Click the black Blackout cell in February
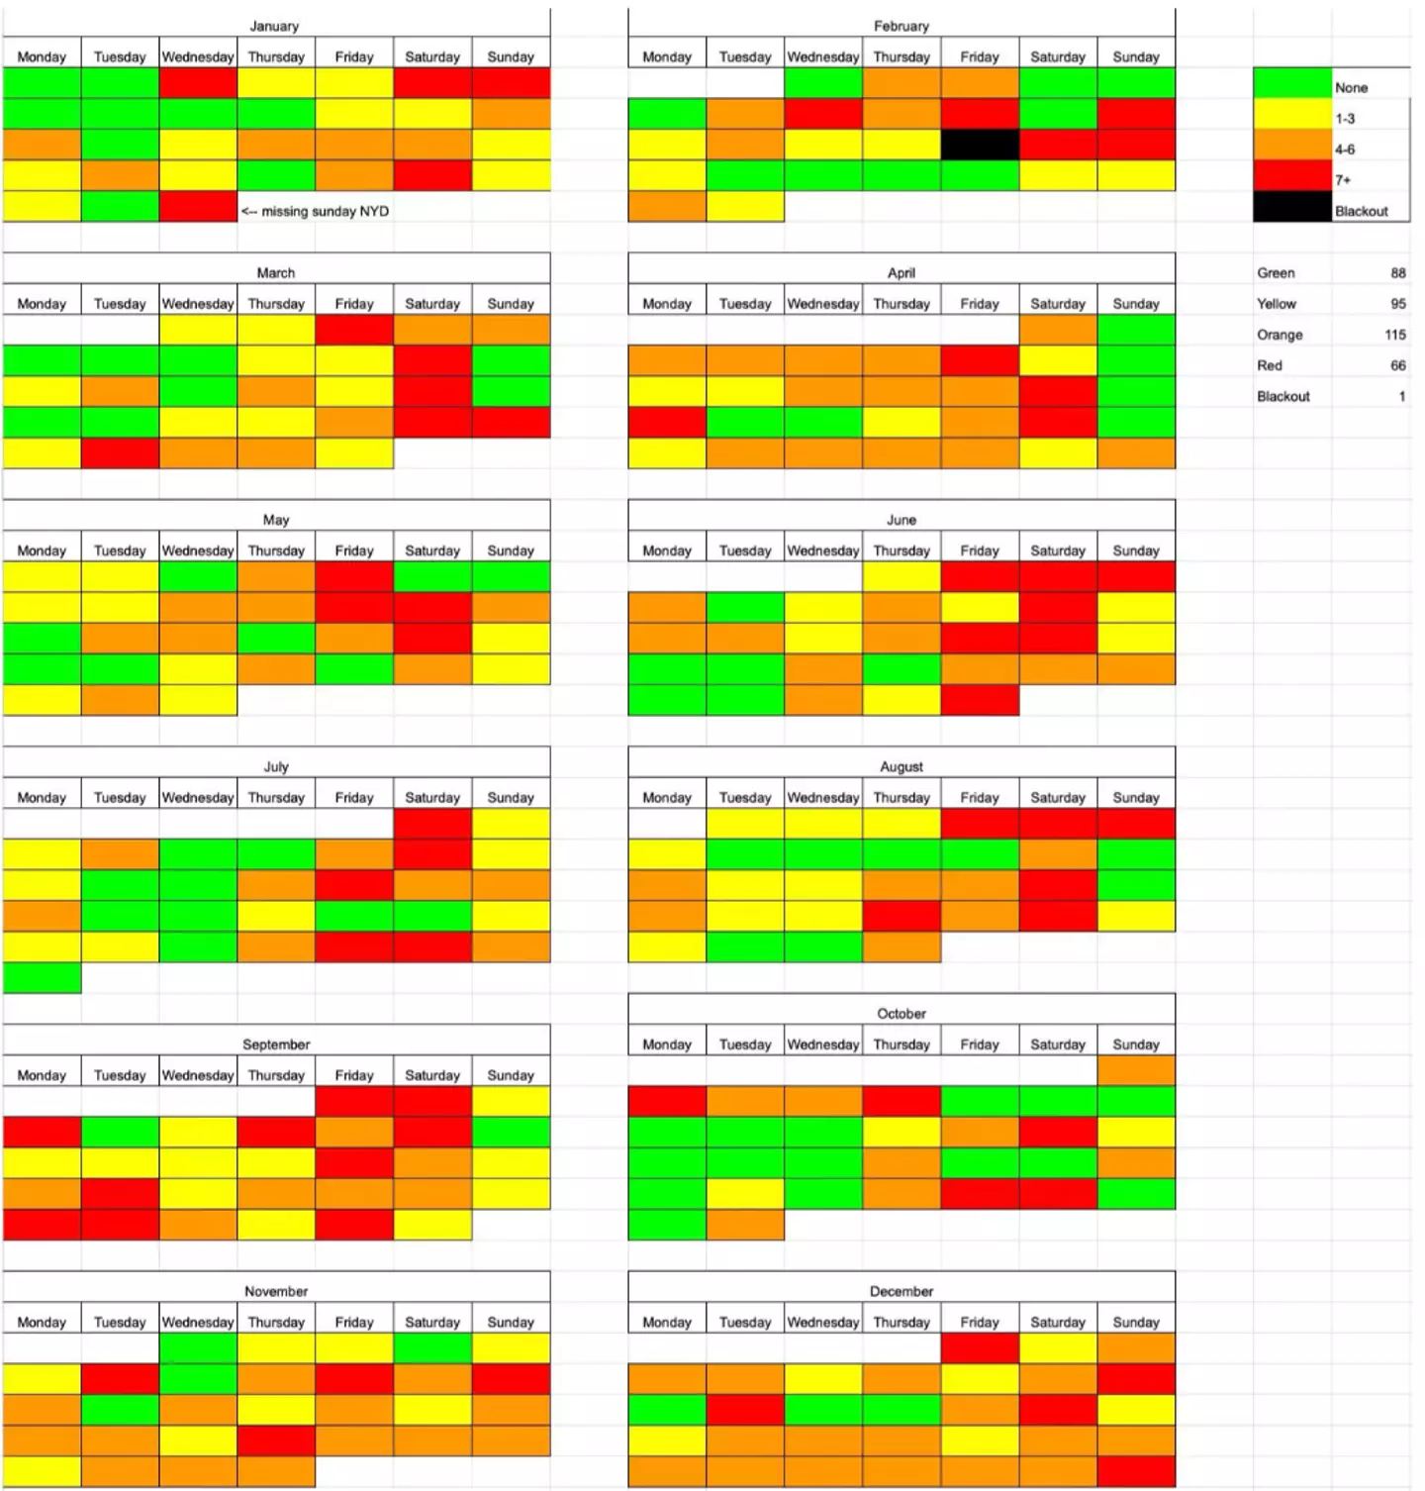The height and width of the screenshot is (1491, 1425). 979,145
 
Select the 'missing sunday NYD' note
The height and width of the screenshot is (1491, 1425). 316,211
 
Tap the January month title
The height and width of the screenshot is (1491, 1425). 274,26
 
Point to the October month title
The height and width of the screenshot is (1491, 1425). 902,1013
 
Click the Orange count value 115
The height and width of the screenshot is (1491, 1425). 1394,335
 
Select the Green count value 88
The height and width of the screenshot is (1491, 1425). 1397,273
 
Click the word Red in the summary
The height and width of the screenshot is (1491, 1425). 1270,365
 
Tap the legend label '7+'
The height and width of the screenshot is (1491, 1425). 1343,180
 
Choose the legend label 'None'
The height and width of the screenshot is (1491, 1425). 1351,87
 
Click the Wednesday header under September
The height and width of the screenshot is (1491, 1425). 198,1075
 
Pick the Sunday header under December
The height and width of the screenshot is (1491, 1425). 1135,1322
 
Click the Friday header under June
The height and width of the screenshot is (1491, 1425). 979,550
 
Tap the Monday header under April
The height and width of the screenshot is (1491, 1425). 666,304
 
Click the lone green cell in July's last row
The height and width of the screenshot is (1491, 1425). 42,977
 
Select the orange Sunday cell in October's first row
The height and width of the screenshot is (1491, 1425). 1136,1070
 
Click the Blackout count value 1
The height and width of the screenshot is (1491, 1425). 1401,396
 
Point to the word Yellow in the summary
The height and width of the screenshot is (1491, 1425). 1277,304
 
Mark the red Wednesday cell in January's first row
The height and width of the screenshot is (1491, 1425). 198,83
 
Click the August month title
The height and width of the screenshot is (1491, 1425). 902,766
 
